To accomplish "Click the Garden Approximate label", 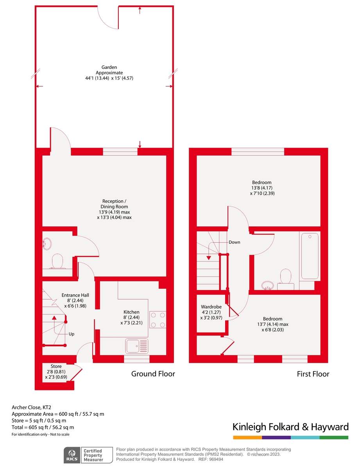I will click(109, 73).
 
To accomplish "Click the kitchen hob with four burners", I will click(158, 319).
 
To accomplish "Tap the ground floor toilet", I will click(57, 261).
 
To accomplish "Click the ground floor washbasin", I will click(47, 244).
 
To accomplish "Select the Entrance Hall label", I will click(75, 300).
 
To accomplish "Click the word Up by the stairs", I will click(72, 334).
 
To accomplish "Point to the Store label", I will click(56, 371).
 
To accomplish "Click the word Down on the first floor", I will click(235, 242).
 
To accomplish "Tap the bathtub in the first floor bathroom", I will click(310, 256).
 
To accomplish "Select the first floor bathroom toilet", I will click(286, 277).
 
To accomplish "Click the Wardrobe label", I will click(211, 312).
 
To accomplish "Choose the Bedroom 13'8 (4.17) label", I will click(261, 188).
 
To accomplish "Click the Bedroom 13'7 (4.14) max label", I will click(272, 324).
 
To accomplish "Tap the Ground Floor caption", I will click(153, 374).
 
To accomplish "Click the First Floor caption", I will click(313, 374).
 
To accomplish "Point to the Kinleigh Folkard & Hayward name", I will click(290, 427).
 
